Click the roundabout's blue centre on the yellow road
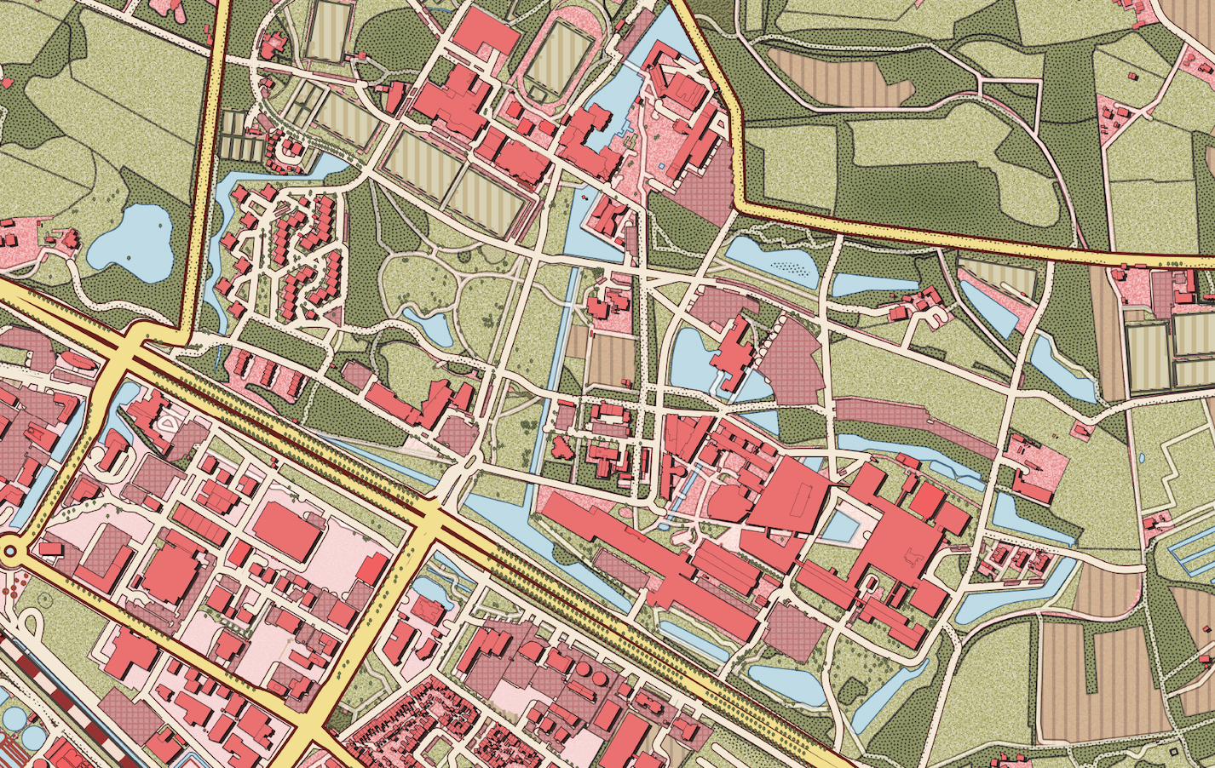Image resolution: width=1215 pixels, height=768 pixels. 10,551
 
